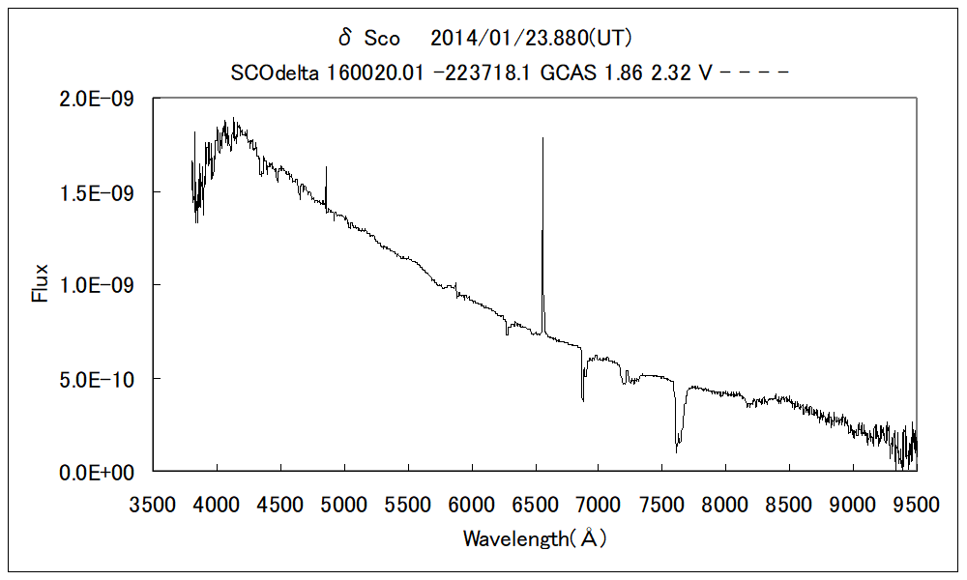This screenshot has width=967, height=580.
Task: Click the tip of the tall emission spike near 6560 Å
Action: pyautogui.click(x=542, y=138)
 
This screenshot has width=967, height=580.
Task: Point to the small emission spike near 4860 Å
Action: pyautogui.click(x=326, y=167)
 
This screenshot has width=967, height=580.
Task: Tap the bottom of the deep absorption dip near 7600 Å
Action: pyautogui.click(x=676, y=451)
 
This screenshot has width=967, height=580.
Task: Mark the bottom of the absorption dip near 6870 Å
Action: pyautogui.click(x=582, y=399)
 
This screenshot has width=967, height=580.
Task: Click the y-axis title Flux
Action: pyautogui.click(x=41, y=285)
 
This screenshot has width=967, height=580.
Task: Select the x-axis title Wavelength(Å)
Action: pyautogui.click(x=535, y=539)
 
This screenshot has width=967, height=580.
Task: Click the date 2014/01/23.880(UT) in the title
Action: pyautogui.click(x=531, y=39)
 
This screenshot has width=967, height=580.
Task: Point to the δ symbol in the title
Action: pyautogui.click(x=345, y=38)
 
